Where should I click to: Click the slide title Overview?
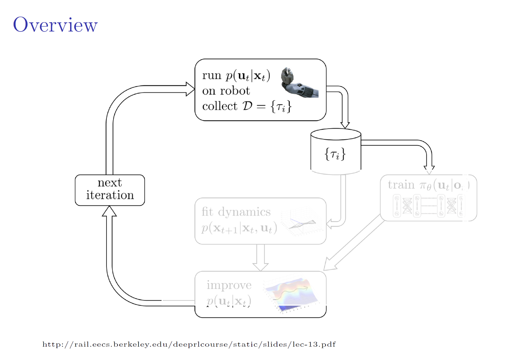click(55, 25)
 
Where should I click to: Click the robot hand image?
click(299, 82)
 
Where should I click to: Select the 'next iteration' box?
click(110, 190)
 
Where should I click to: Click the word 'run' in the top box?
click(211, 76)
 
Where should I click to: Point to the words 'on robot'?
click(226, 91)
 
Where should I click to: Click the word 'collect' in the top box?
click(220, 106)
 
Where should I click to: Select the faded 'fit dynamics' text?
click(236, 212)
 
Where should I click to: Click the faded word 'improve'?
click(229, 285)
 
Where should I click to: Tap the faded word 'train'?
click(401, 185)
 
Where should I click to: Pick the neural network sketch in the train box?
click(428, 206)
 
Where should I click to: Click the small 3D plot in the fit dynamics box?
click(301, 222)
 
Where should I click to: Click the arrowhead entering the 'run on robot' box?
click(190, 89)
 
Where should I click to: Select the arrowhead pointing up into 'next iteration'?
click(109, 211)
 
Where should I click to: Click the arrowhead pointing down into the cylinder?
click(345, 124)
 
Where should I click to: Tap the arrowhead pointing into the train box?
click(429, 170)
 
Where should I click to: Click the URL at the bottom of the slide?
click(189, 344)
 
